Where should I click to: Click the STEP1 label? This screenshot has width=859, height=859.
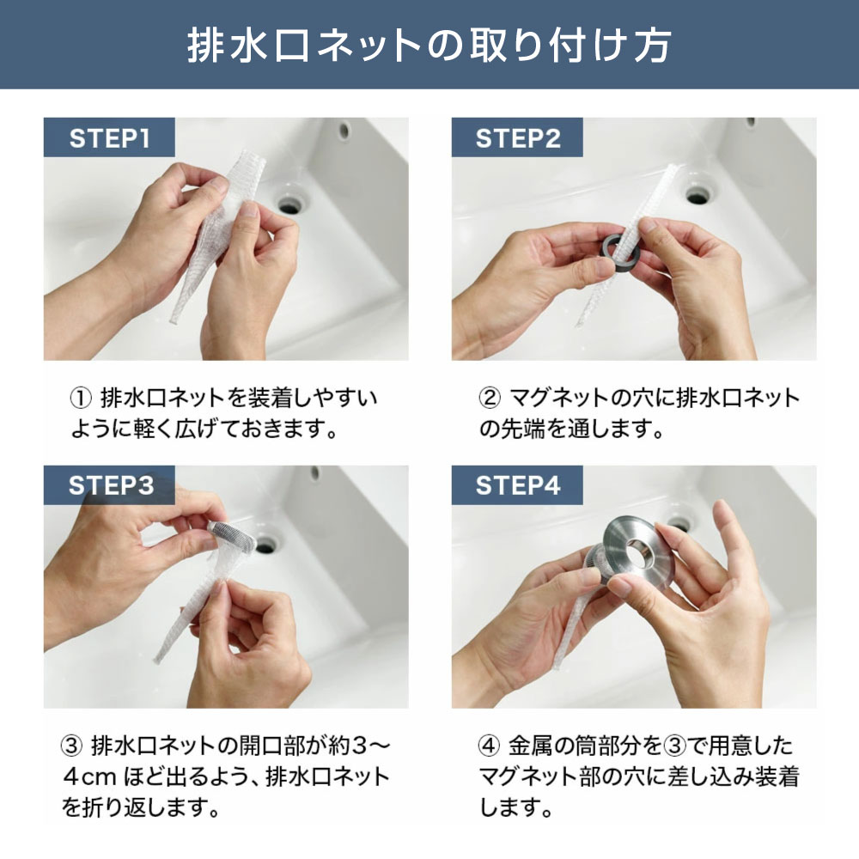110,138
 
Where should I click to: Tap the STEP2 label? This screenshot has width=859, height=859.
518,138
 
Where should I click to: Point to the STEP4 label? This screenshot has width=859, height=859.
518,485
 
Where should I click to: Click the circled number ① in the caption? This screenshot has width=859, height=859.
81,399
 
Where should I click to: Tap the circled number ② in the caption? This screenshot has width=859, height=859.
490,399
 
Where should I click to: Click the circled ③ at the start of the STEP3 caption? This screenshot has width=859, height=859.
71,746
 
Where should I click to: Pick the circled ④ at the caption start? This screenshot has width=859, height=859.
490,746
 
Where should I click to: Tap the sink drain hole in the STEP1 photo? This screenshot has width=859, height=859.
289,206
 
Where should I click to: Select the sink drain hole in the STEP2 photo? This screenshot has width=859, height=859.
698,196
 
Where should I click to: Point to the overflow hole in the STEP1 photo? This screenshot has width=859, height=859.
344,131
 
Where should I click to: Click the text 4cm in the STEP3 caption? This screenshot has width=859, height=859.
89,777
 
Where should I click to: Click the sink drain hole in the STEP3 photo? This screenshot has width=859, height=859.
266,545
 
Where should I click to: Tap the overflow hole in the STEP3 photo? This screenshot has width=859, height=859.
315,472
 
